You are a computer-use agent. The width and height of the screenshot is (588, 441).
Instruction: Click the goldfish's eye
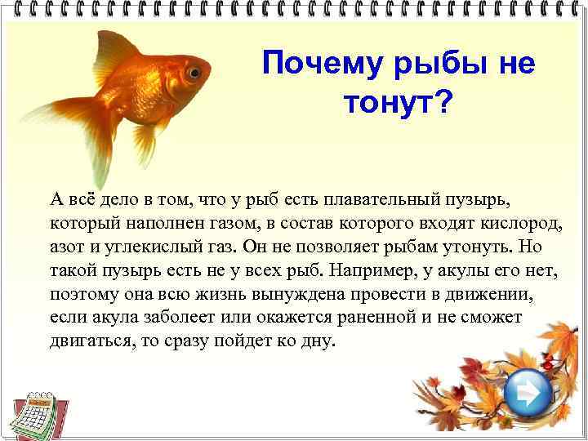[x=193, y=73]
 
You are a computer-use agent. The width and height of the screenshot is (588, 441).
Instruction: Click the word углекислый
[x=152, y=247]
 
